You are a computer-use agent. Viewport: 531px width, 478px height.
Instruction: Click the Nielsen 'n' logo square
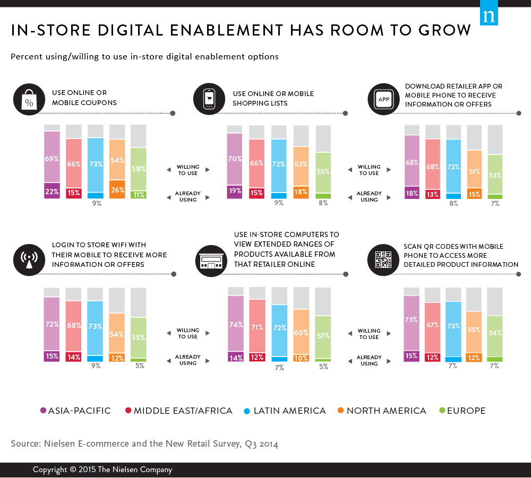pyautogui.click(x=488, y=16)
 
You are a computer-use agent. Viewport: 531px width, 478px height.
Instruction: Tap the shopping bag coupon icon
pyautogui.click(x=28, y=99)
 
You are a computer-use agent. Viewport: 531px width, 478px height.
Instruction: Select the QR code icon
pyautogui.click(x=383, y=260)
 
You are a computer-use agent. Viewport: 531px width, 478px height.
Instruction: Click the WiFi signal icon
pyautogui.click(x=28, y=260)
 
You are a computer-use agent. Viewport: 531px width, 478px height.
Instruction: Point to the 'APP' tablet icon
pyautogui.click(x=383, y=99)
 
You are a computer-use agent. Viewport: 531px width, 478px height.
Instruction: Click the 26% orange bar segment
pyautogui.click(x=117, y=189)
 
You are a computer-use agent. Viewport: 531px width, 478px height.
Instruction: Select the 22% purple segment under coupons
pyautogui.click(x=52, y=190)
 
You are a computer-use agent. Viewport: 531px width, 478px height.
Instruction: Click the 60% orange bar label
pyautogui.click(x=301, y=332)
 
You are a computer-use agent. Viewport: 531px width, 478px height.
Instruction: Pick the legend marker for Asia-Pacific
pyautogui.click(x=44, y=411)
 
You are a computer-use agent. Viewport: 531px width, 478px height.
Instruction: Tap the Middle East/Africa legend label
pyautogui.click(x=183, y=411)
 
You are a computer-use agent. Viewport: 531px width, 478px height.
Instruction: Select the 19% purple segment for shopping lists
pyautogui.click(x=234, y=191)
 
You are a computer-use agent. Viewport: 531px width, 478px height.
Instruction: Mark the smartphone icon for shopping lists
pyautogui.click(x=209, y=99)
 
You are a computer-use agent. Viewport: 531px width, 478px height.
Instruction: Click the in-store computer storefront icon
pyautogui.click(x=209, y=260)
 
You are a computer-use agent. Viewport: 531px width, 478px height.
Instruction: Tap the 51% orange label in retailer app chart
pyautogui.click(x=474, y=171)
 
